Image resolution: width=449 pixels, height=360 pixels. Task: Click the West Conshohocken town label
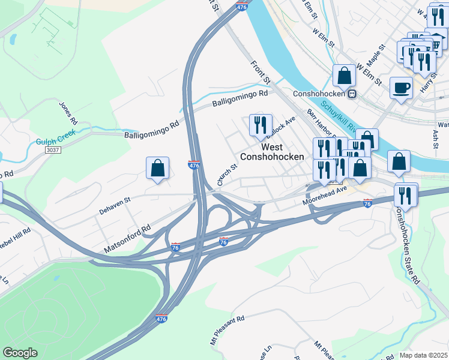point(272,151)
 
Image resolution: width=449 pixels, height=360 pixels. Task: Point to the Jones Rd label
point(68,113)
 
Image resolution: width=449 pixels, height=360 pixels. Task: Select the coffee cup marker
point(401,88)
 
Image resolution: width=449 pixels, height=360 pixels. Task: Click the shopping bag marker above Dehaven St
point(157,169)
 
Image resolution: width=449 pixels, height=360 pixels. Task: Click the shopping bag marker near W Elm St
point(345,76)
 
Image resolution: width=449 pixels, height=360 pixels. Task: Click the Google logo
point(20,353)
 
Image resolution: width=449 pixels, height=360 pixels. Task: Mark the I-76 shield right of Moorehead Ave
point(368,203)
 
